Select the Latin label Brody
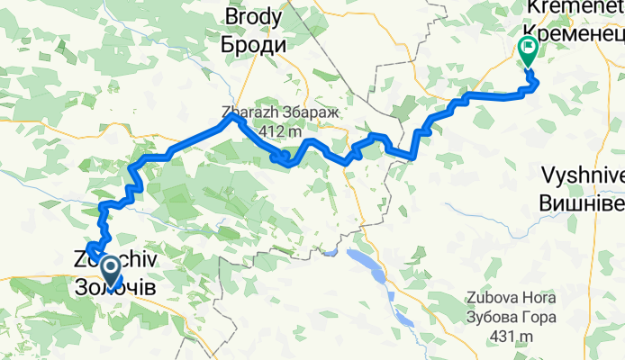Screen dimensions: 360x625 (254, 17)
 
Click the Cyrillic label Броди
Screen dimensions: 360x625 (254, 44)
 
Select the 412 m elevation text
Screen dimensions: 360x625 (279, 131)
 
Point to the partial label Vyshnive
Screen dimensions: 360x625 (581, 175)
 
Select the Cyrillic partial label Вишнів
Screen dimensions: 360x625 (581, 202)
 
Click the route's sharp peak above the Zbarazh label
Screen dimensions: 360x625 (234, 116)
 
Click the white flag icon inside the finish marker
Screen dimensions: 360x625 (527, 47)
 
